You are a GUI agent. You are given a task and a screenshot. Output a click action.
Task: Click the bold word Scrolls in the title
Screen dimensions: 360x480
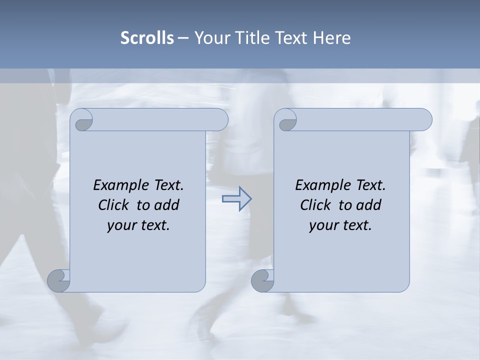147,38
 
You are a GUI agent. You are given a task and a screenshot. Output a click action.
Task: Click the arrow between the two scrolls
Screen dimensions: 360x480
236,199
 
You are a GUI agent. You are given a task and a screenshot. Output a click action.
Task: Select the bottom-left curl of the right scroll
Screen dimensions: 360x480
263,281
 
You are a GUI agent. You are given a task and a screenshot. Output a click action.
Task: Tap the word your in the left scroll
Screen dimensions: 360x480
120,225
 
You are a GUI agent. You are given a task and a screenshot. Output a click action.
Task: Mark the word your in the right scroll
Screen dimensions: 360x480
322,225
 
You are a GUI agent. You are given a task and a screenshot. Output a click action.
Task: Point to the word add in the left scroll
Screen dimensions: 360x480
167,205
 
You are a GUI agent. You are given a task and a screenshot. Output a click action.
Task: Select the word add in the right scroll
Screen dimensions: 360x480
369,205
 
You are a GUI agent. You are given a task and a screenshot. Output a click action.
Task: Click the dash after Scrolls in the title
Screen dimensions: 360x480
183,38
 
